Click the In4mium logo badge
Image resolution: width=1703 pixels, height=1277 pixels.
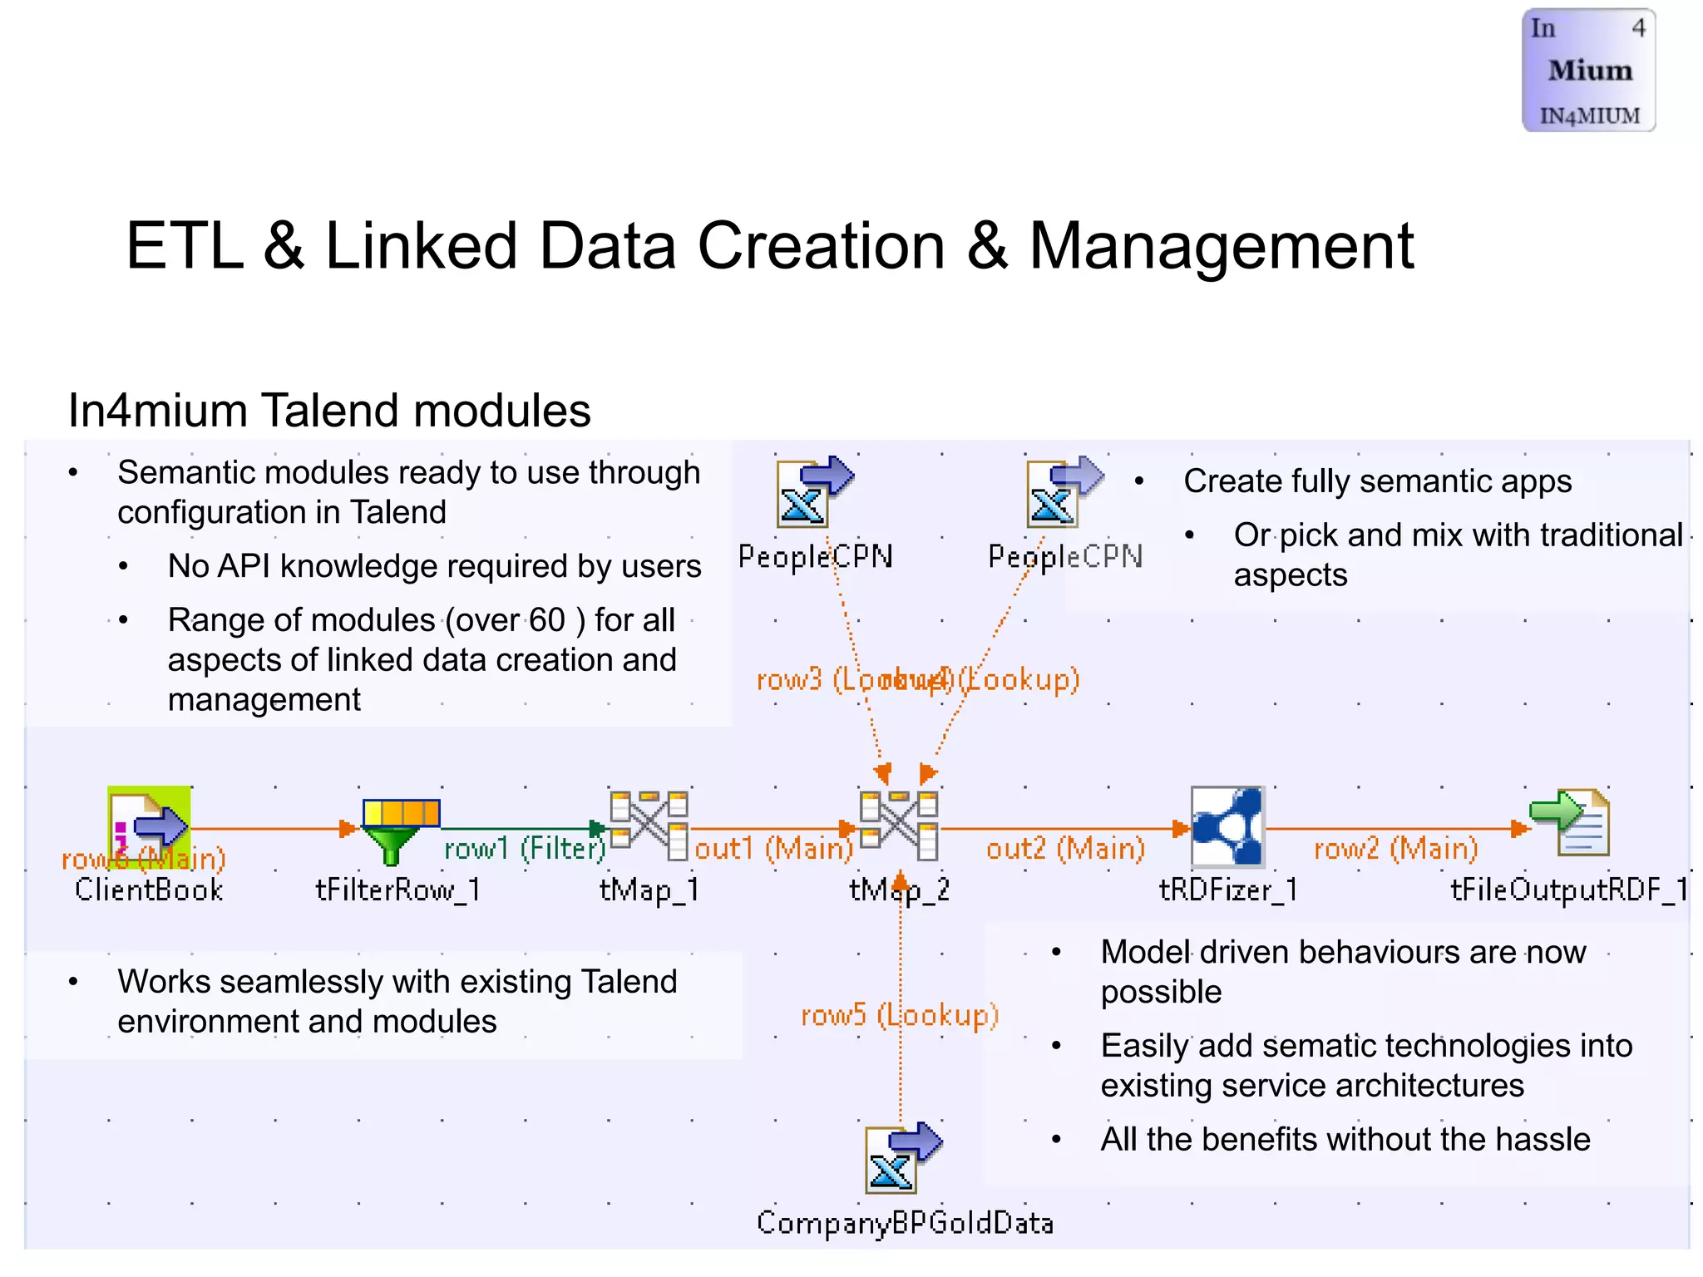[1588, 71]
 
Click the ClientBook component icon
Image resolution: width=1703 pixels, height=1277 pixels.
[150, 826]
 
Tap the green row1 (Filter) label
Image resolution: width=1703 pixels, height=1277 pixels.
[525, 849]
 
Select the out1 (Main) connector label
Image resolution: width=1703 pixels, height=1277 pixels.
[774, 849]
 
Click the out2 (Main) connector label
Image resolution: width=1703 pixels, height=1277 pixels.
[1065, 849]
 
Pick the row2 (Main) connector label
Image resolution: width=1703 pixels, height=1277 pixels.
[1396, 849]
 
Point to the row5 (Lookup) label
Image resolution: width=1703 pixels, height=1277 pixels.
[899, 1015]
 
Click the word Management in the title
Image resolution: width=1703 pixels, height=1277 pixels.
[1221, 248]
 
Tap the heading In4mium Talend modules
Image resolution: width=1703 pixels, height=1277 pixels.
[329, 411]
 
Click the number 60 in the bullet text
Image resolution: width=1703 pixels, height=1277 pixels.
[546, 620]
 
